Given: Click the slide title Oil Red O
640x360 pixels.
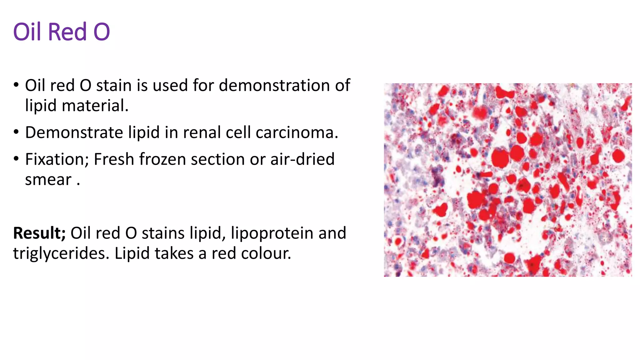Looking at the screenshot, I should pos(61,32).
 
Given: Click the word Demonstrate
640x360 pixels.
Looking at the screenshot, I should pos(74,132).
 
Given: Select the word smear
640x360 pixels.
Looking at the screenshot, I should pos(48,180).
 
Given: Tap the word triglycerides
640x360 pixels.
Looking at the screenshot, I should pos(61,253).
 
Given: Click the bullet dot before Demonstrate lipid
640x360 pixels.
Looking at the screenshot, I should pos(16,132).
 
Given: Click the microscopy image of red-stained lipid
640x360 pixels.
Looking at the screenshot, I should pos(507,180).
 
